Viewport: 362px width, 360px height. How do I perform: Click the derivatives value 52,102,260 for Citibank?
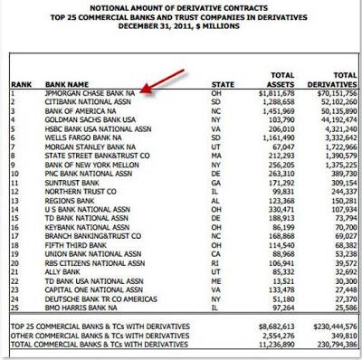(330, 100)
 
